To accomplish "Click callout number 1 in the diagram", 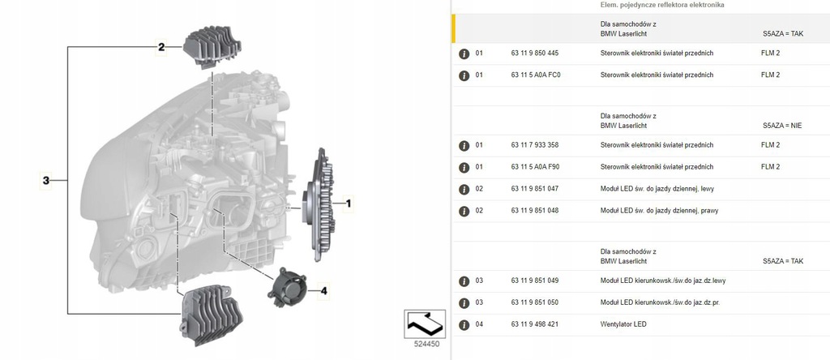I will [x=349, y=204].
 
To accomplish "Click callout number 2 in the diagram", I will [x=161, y=47].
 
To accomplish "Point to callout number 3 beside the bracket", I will [x=47, y=180].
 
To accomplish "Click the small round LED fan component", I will [x=289, y=285].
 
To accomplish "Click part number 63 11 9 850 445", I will [x=534, y=53].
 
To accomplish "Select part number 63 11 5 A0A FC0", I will [x=536, y=75].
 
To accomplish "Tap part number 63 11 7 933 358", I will [x=534, y=145].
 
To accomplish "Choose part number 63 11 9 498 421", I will [x=534, y=324].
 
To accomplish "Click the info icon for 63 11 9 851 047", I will [x=464, y=189].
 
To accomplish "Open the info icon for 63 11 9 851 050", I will [x=464, y=302].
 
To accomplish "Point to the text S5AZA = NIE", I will [x=782, y=126].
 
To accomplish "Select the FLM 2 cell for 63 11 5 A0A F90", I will [x=770, y=167].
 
